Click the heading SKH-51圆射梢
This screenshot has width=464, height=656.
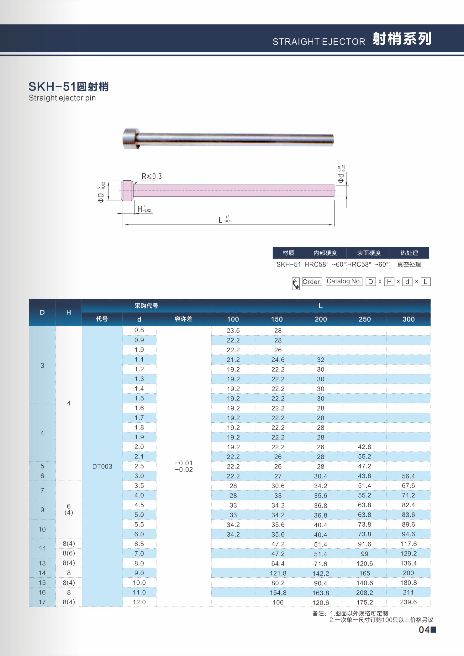click(69, 87)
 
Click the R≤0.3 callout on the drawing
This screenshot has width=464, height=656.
click(152, 177)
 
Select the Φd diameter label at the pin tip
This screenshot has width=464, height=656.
click(341, 174)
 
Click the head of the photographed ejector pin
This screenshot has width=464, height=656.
click(130, 138)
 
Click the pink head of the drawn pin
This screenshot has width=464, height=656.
click(127, 190)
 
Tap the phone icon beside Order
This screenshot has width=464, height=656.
click(296, 284)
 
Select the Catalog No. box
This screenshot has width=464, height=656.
click(344, 281)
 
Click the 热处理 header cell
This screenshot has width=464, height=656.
click(409, 253)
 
